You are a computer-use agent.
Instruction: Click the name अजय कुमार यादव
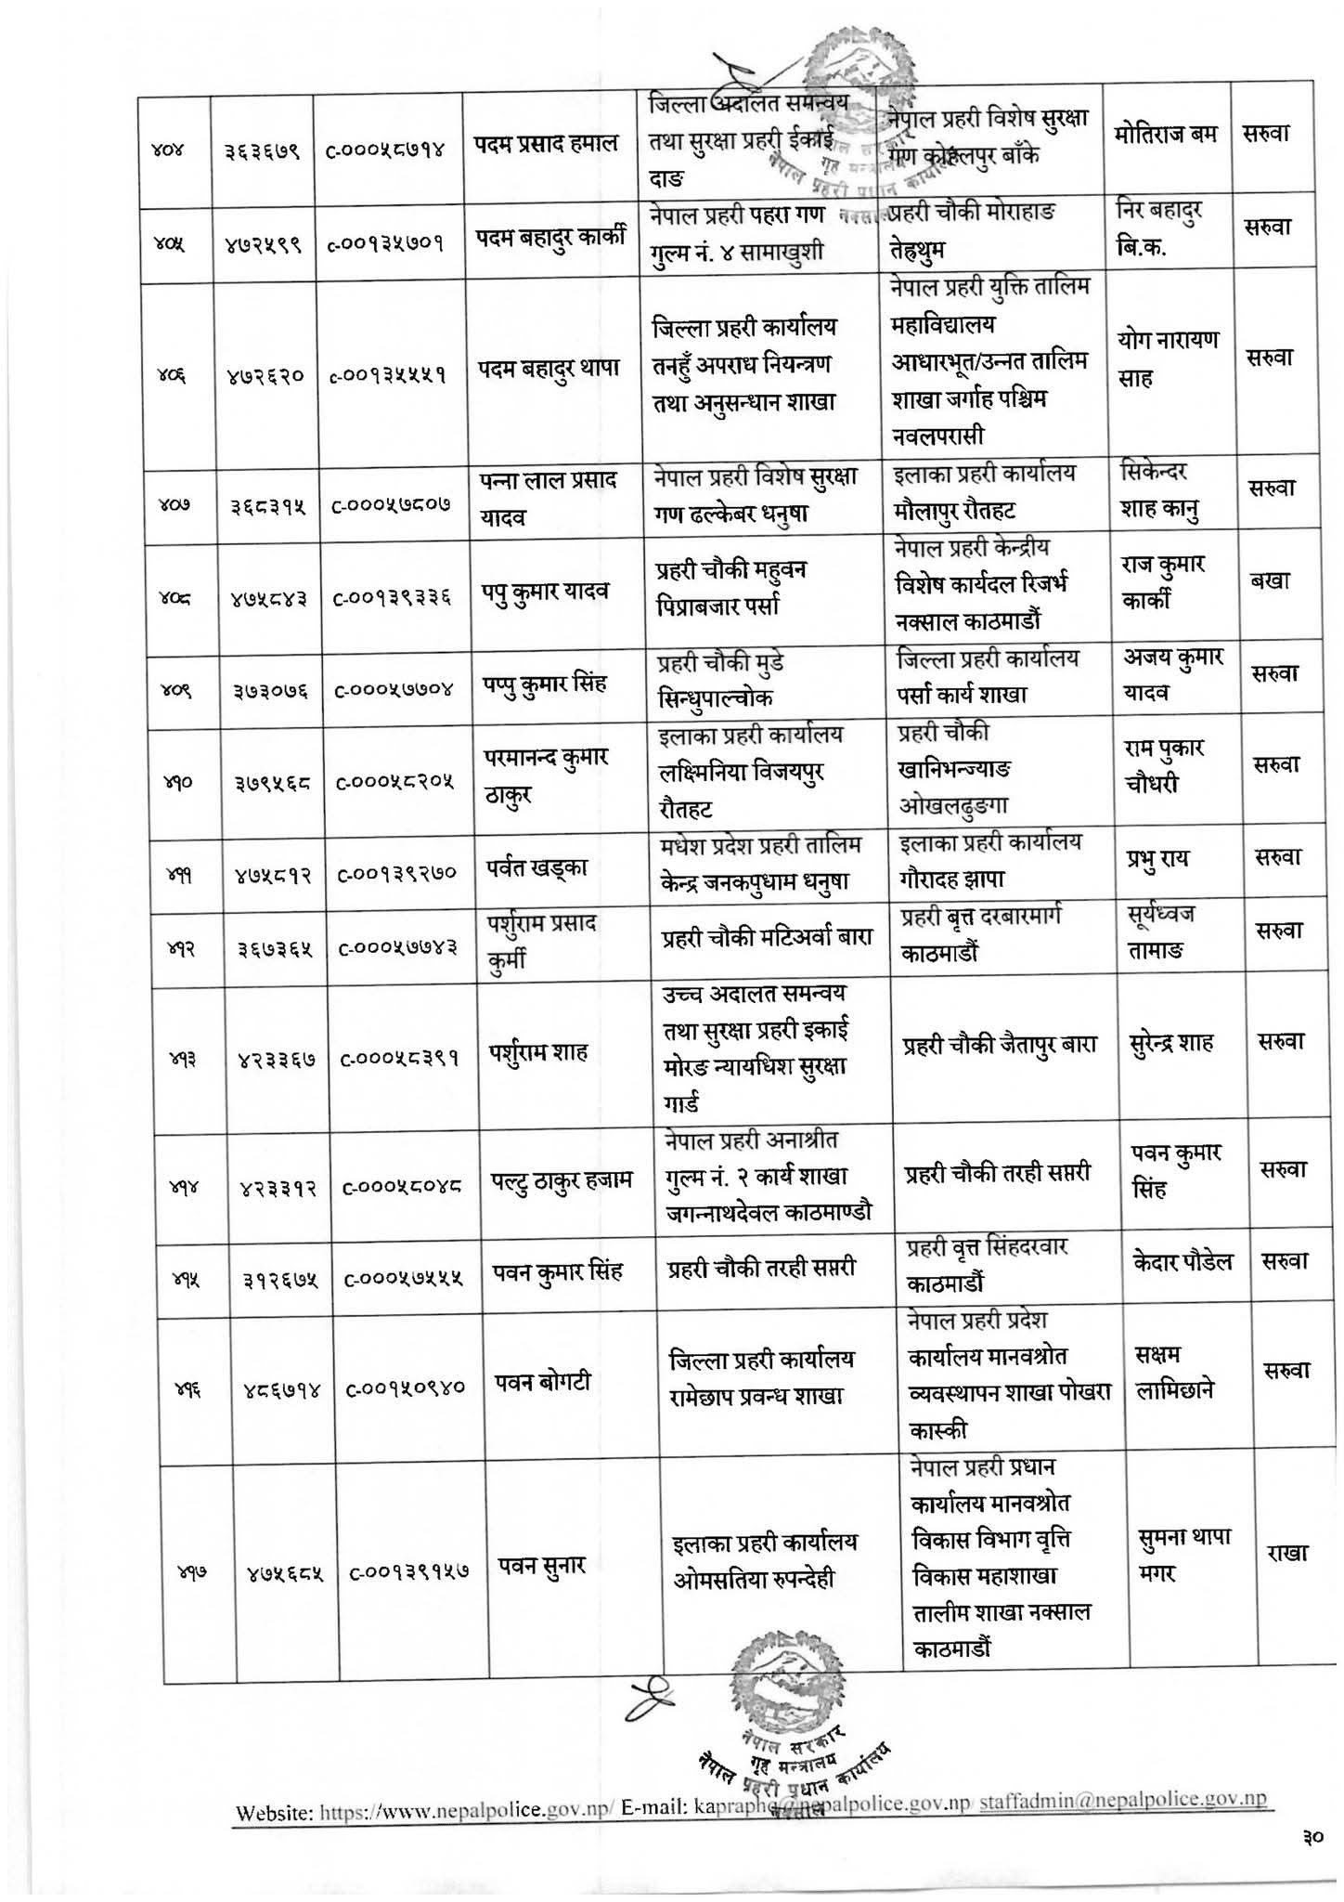[x=1171, y=675]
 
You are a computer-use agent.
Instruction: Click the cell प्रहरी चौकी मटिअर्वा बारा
[x=767, y=938]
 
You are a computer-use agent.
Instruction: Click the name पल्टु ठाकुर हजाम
[x=561, y=1181]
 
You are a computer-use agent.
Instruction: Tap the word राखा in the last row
[x=1283, y=1553]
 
